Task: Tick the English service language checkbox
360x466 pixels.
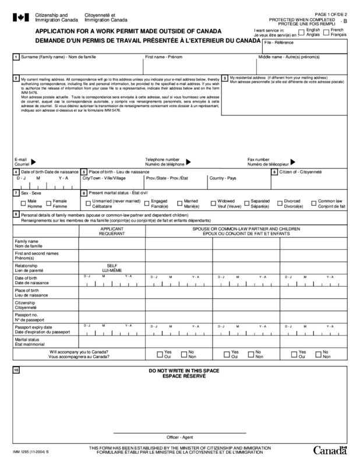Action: click(x=301, y=32)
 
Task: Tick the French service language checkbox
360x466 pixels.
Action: click(x=326, y=32)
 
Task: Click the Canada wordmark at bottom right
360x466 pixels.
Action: click(x=330, y=450)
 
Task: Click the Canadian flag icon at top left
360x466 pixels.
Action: click(x=19, y=16)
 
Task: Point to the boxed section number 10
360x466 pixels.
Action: click(x=16, y=371)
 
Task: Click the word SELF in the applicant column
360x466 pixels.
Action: click(x=112, y=264)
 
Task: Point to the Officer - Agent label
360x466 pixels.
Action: click(x=179, y=436)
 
